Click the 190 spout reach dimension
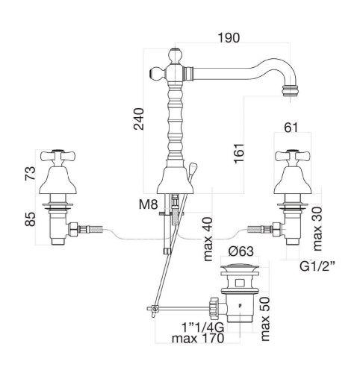point(229,37)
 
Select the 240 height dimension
point(139,119)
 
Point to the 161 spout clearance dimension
point(239,153)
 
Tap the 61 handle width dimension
point(291,128)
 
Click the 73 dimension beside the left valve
point(30,174)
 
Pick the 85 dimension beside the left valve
point(30,219)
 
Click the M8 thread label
point(149,205)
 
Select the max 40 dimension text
point(208,239)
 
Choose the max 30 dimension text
point(317,229)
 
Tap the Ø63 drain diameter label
point(240,251)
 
